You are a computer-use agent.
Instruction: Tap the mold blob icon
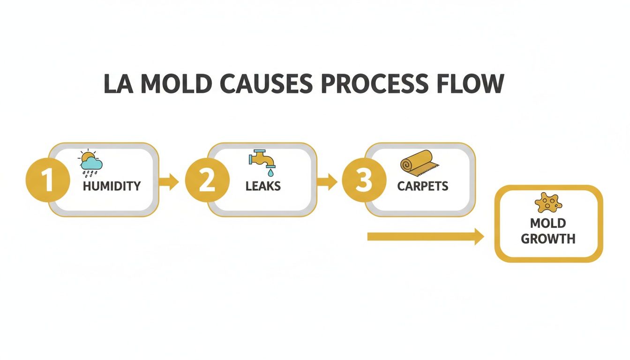(x=547, y=203)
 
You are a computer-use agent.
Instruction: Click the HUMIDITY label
(x=112, y=186)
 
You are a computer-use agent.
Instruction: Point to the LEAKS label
(x=263, y=186)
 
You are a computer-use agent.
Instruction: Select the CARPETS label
(x=423, y=186)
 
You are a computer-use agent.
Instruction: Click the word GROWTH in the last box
(x=548, y=239)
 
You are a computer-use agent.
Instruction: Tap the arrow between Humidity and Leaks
(x=169, y=182)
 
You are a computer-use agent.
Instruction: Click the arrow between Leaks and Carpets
(x=327, y=182)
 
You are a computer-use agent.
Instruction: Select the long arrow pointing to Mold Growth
(x=425, y=237)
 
